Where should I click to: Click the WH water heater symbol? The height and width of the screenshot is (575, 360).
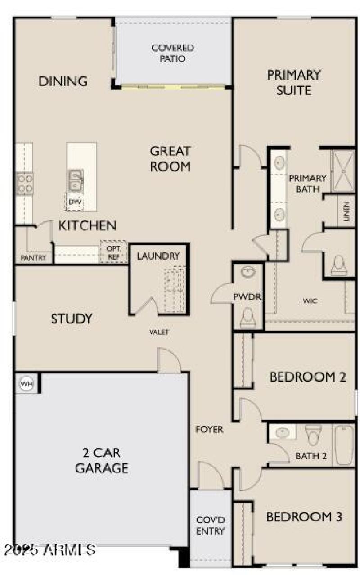coord(26,384)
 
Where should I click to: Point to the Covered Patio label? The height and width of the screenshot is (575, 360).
coord(173,53)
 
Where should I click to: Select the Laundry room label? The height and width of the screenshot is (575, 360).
coord(158,256)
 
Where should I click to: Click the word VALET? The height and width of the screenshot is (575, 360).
coord(159,332)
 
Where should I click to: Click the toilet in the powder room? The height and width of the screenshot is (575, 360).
coord(247,318)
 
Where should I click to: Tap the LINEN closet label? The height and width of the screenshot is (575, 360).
coord(346,211)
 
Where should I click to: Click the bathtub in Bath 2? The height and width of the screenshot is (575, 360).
coord(344,445)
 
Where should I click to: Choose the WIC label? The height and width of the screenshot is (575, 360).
coord(310,301)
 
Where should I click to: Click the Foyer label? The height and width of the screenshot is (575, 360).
coord(209,430)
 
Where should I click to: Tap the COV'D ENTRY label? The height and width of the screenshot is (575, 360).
coord(210,526)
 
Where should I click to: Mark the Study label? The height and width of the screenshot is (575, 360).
coord(71,319)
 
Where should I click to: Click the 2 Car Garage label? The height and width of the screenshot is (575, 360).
coord(102,460)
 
